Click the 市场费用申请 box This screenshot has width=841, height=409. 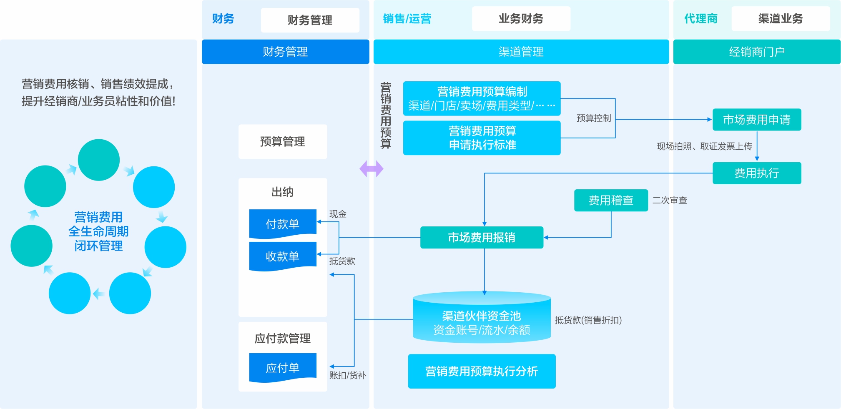click(x=756, y=120)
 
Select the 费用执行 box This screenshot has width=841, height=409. click(x=756, y=173)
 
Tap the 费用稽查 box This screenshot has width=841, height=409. click(x=610, y=201)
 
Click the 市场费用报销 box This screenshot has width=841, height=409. click(x=481, y=238)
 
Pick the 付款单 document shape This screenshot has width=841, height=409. click(x=283, y=224)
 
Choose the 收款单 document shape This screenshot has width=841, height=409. click(x=283, y=256)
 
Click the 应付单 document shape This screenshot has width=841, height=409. click(x=283, y=368)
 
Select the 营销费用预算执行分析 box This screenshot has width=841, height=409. click(x=482, y=371)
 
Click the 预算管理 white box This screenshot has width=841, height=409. click(x=283, y=142)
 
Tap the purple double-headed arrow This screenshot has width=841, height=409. click(x=371, y=169)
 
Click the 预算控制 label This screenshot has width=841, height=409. click(x=593, y=118)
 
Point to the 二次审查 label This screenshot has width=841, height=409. click(x=669, y=201)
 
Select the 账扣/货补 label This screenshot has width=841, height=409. click(x=347, y=375)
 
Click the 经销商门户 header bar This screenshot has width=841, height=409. click(x=756, y=52)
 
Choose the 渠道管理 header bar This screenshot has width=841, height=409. click(x=521, y=52)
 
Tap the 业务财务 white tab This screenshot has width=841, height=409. click(x=521, y=19)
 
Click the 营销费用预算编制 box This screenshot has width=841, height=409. click(x=482, y=98)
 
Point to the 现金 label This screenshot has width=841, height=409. click(x=338, y=214)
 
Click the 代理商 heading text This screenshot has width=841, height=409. click(x=700, y=19)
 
